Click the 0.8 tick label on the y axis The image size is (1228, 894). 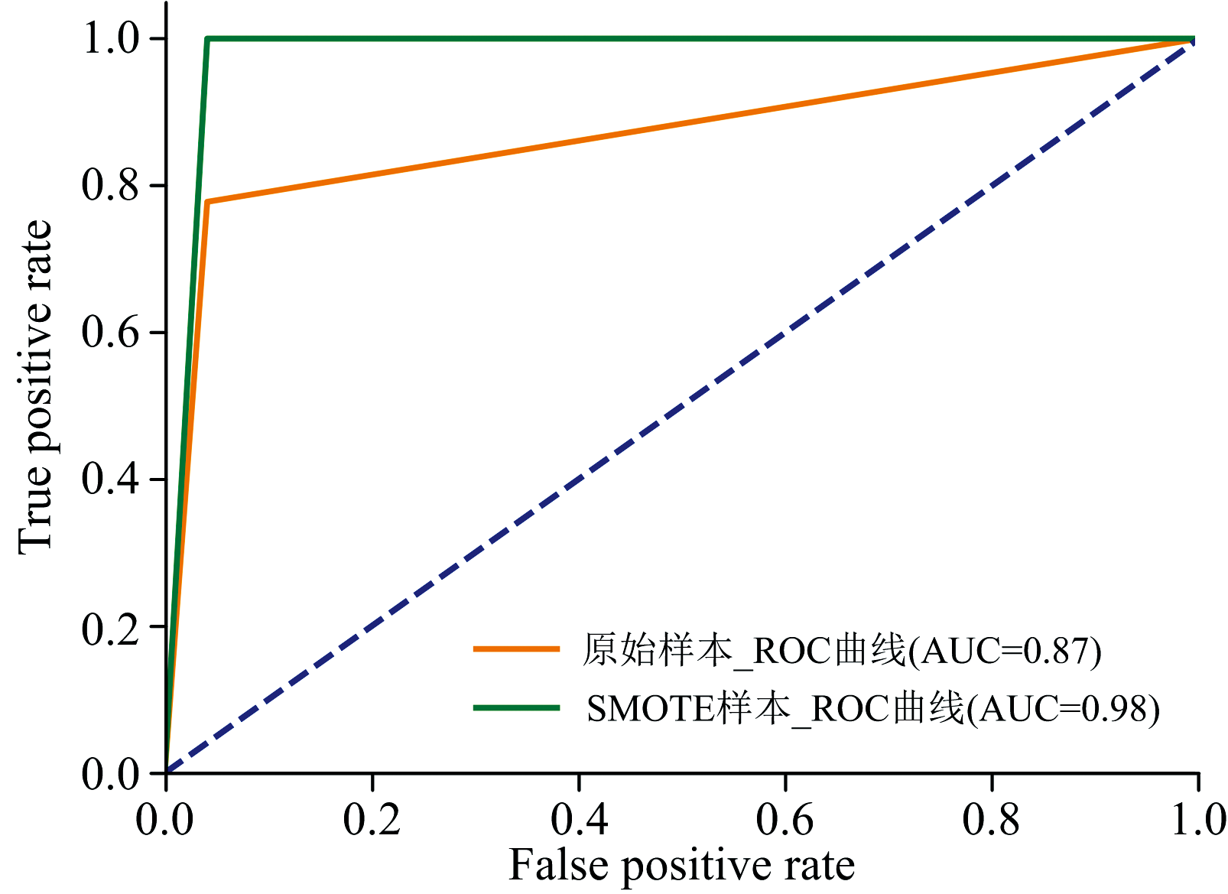coord(110,186)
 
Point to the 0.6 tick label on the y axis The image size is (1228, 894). coord(110,333)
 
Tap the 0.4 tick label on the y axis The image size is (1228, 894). coord(110,480)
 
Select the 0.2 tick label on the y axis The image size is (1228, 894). coord(110,627)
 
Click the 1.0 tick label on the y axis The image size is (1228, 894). coord(110,38)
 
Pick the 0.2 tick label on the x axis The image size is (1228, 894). coord(372,820)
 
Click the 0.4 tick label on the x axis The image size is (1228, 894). coord(579,820)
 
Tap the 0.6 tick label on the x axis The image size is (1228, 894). coord(785,820)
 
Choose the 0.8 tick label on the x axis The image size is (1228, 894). coord(992,820)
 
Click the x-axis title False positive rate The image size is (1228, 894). coord(681,866)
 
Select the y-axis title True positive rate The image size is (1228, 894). coord(35,386)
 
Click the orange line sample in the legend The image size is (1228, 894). coord(517,649)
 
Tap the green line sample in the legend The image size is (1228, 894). coord(517,708)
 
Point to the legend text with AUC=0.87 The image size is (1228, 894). coord(842,651)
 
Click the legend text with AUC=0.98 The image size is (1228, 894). coord(872,709)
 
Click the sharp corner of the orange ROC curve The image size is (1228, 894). coord(207,202)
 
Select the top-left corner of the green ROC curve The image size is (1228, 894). coord(207,39)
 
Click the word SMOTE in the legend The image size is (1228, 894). coord(649,709)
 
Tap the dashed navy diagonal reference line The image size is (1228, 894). coord(681,406)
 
